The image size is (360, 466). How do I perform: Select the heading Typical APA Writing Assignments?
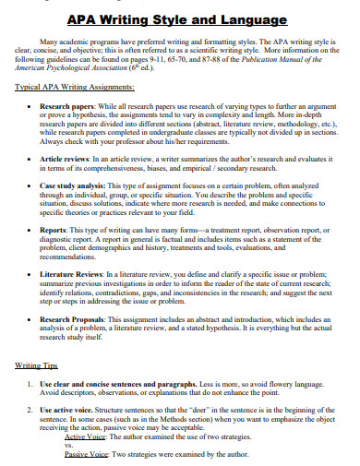click(75, 87)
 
